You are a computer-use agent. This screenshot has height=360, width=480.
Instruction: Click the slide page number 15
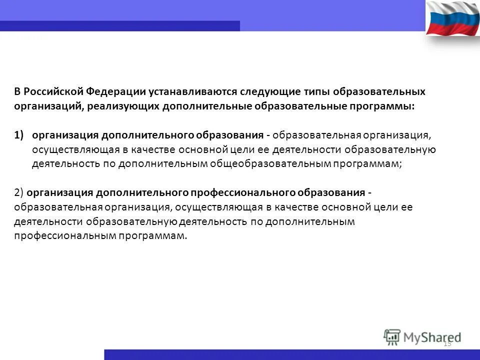coord(447,343)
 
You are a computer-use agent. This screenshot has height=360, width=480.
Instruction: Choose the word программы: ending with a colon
coord(384,106)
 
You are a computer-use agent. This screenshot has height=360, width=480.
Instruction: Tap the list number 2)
coord(19,193)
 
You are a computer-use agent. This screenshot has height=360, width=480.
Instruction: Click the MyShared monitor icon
coord(392,337)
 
